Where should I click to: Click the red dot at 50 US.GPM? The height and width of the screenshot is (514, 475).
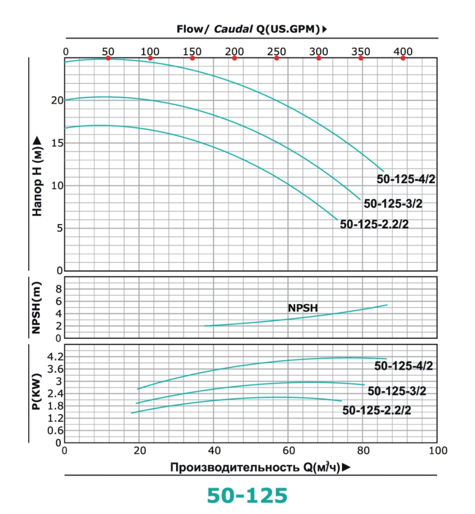(x=108, y=58)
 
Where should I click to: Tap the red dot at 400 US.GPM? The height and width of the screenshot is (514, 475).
(x=403, y=58)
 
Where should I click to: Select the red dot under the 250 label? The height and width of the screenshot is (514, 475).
(x=277, y=58)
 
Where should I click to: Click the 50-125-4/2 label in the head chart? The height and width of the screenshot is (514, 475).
(x=406, y=179)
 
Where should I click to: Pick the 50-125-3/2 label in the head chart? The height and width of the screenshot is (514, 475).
(x=393, y=203)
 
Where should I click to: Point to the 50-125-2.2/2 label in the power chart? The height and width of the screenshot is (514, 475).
(x=376, y=410)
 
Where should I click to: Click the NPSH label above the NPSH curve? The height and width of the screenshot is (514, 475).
(x=303, y=308)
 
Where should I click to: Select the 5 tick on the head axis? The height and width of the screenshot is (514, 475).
(x=59, y=228)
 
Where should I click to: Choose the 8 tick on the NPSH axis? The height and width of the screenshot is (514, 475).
(x=59, y=289)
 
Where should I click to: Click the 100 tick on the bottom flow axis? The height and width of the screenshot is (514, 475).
(x=438, y=451)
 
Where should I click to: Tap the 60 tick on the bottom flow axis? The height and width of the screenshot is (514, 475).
(x=289, y=451)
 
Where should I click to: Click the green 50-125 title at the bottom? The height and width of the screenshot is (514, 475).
(x=247, y=496)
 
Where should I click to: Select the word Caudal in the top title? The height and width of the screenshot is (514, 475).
(x=233, y=29)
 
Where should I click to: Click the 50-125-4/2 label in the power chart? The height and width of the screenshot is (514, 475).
(x=403, y=366)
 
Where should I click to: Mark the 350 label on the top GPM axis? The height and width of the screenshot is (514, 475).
(x=361, y=51)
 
